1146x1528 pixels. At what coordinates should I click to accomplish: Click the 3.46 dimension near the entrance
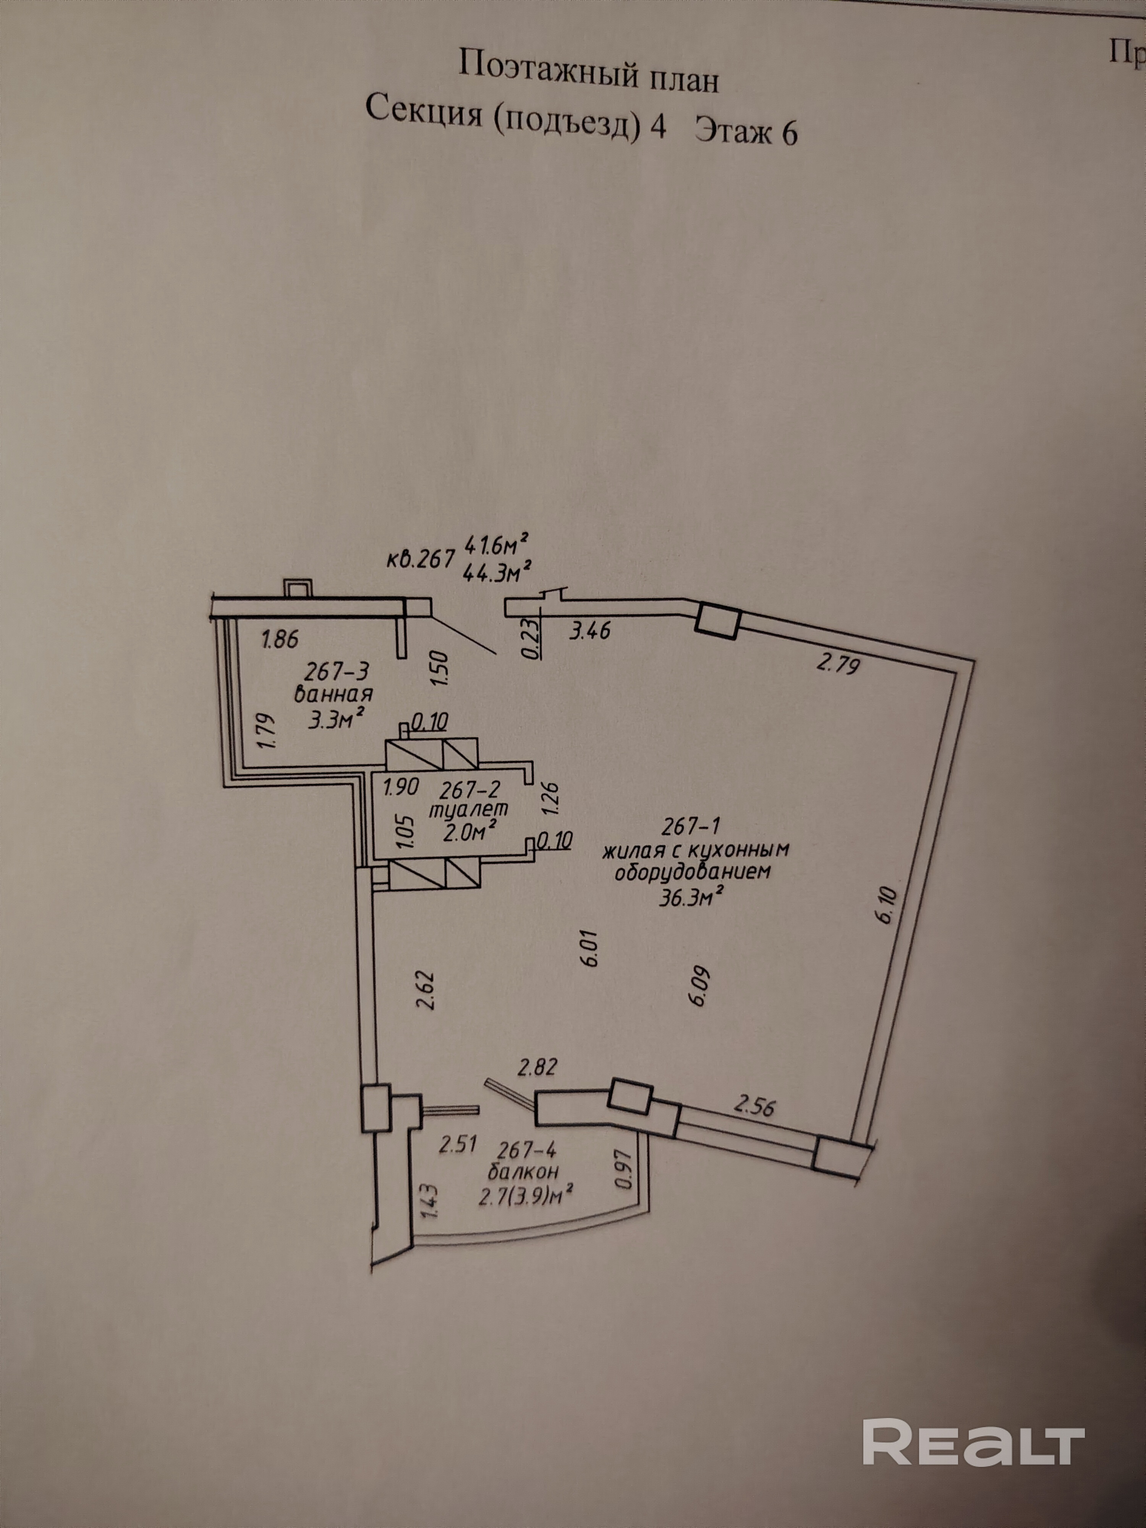[589, 630]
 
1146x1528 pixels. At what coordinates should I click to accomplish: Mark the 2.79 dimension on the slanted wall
[838, 665]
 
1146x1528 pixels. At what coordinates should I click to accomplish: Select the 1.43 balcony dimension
[428, 1201]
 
